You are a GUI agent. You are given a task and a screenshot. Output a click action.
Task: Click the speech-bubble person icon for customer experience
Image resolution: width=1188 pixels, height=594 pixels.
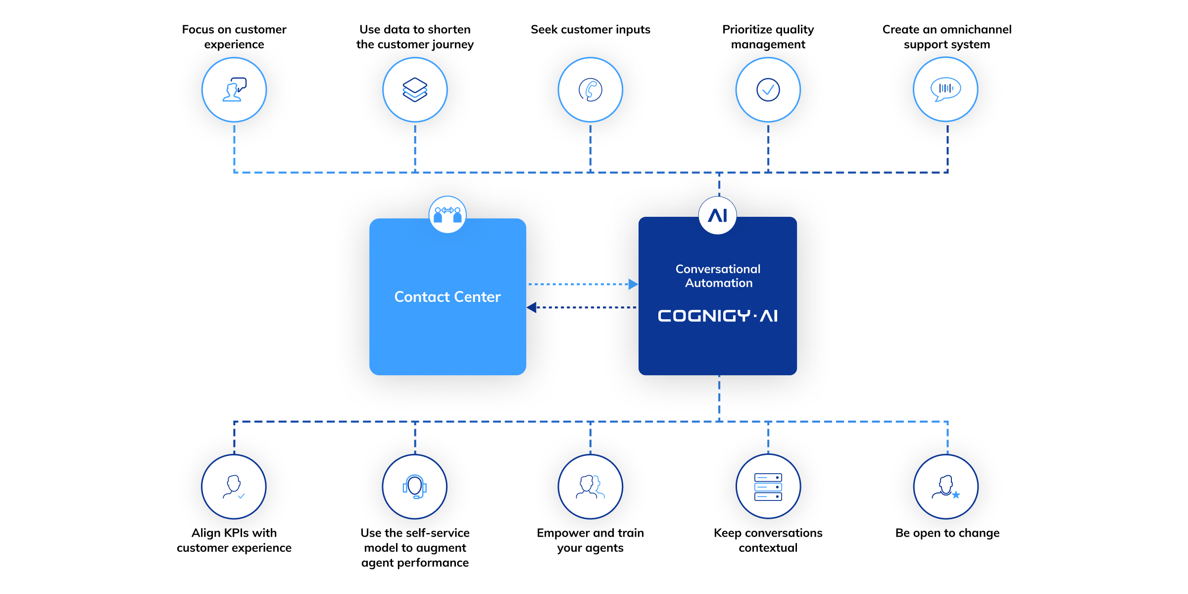(234, 90)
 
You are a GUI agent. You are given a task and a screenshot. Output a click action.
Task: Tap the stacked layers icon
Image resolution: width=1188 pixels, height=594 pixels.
(415, 90)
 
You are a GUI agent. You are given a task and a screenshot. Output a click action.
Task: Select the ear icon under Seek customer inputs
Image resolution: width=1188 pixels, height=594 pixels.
(590, 90)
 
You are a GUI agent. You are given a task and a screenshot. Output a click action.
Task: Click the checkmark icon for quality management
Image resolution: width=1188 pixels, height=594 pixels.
(768, 90)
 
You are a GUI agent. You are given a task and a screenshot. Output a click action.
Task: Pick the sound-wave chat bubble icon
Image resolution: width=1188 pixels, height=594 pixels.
(945, 89)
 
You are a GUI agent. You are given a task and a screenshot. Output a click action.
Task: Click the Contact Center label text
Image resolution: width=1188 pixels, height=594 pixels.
(447, 297)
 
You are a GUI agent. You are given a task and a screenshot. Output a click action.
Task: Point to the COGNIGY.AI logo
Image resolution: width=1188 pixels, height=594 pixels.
(718, 316)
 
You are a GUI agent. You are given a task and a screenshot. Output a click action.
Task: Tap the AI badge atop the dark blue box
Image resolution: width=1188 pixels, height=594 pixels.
(718, 215)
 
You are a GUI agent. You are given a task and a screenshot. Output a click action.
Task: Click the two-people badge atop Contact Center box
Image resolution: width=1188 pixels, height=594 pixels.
(447, 214)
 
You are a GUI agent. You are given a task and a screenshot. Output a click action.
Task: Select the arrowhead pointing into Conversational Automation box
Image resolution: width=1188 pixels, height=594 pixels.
(633, 284)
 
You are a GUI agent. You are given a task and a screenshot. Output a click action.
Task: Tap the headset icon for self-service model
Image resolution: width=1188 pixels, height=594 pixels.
(415, 487)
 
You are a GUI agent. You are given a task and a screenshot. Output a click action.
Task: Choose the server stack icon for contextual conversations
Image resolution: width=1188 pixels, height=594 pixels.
(768, 487)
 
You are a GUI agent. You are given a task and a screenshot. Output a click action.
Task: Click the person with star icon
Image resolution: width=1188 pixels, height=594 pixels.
(946, 487)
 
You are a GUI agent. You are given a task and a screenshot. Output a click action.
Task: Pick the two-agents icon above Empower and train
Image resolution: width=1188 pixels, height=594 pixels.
(590, 487)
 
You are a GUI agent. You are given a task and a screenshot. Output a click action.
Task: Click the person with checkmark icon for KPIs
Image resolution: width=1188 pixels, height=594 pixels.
(234, 487)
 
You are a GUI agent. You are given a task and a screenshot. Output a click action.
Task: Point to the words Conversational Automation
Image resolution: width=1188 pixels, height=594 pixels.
(718, 276)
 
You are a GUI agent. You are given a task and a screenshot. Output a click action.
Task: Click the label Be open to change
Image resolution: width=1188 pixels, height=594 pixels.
(947, 533)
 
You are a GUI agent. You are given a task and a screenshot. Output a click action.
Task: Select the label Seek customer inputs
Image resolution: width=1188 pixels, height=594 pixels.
(590, 30)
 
